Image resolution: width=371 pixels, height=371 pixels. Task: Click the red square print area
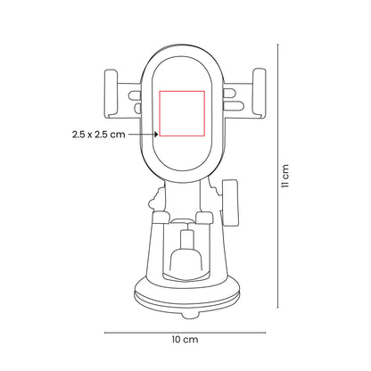[182, 114]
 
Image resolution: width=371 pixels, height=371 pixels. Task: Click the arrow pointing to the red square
[144, 136]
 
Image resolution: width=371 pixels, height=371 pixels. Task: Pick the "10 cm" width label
[184, 340]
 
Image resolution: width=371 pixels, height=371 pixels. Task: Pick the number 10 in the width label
[178, 340]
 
